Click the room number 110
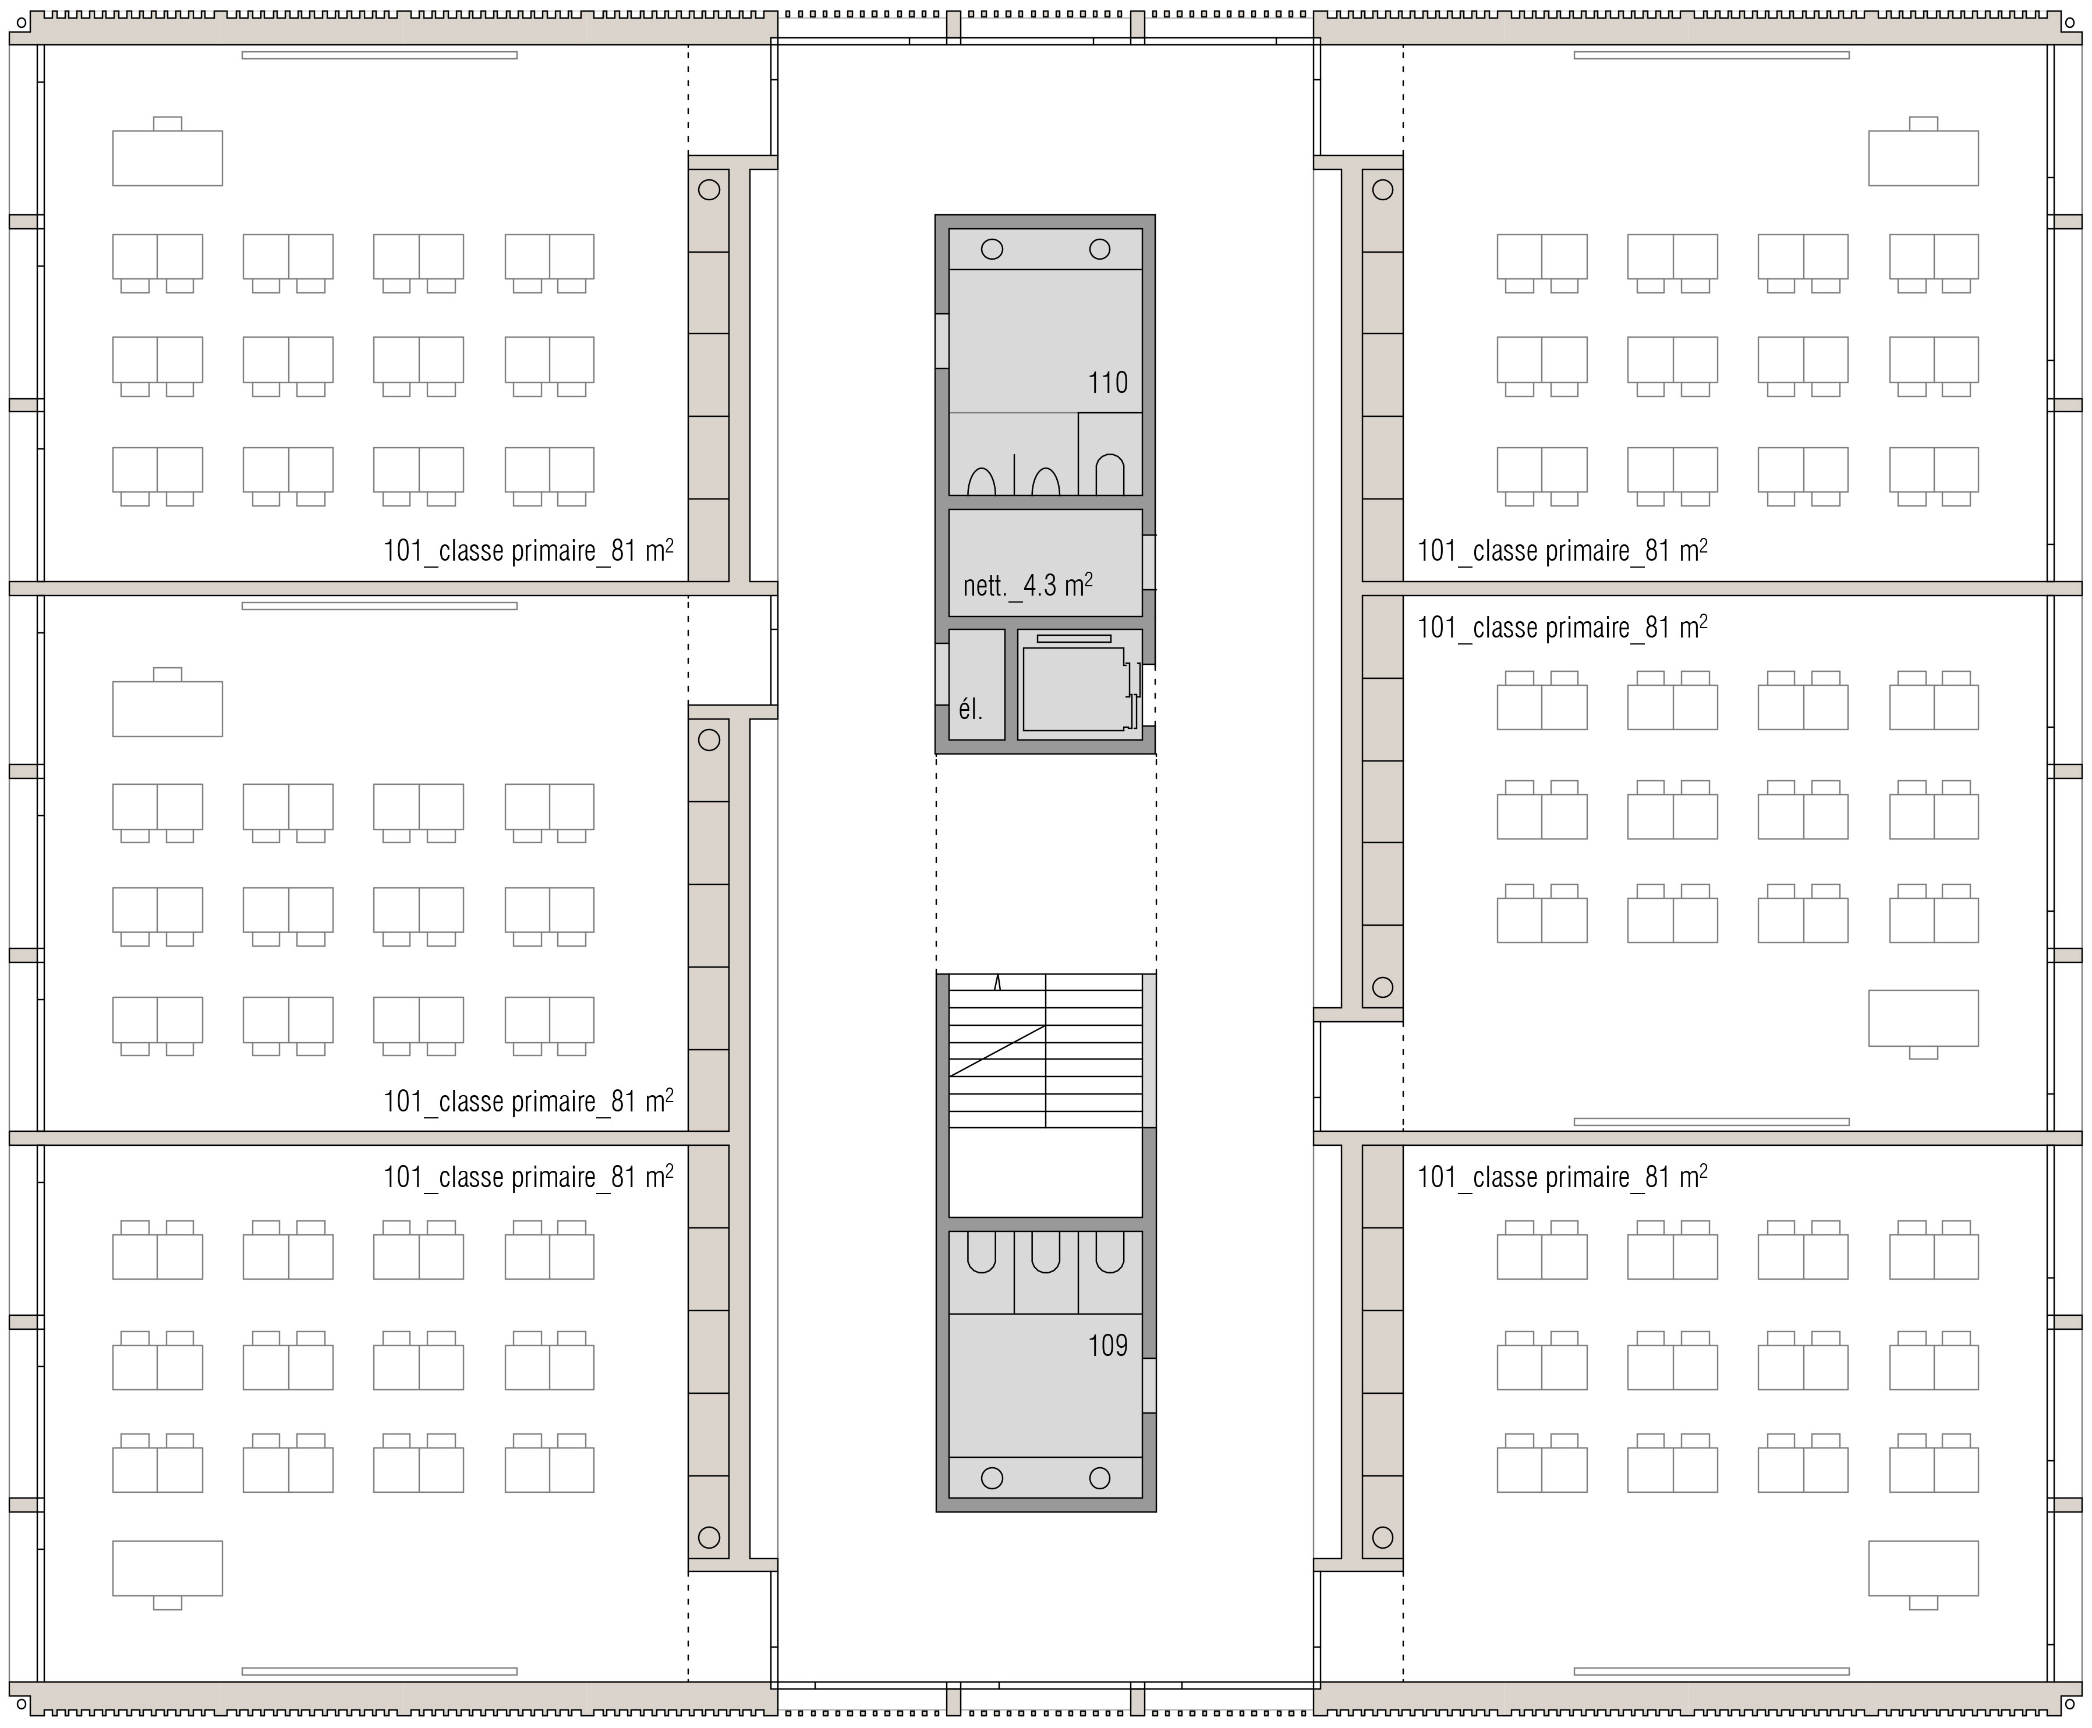(1107, 383)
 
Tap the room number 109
(1107, 1345)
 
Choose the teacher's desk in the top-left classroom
(167, 157)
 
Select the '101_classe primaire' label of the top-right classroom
(1563, 550)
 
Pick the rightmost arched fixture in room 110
(1110, 475)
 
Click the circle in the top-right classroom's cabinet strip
(1382, 189)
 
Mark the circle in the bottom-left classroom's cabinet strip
(709, 1537)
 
